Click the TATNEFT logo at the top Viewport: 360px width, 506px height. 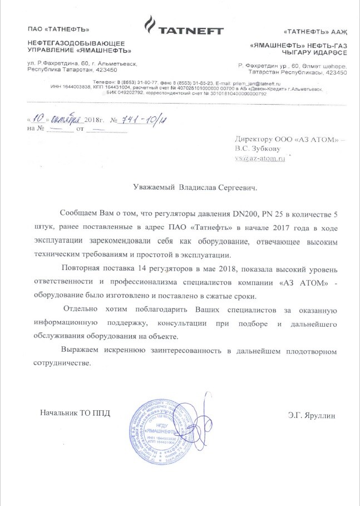pos(183,27)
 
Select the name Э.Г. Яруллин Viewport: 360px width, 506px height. pos(312,415)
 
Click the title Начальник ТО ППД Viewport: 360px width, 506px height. pos(75,413)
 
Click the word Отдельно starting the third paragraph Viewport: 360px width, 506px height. pos(84,308)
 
